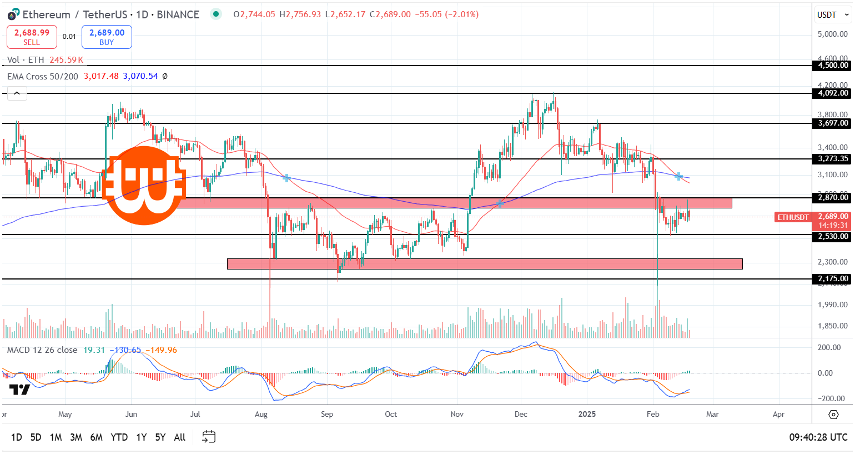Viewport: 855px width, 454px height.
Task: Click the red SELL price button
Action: (x=32, y=37)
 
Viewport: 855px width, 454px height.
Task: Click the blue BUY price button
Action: (x=107, y=37)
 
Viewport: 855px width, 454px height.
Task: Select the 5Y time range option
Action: (x=160, y=437)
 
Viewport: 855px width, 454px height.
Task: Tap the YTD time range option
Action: (x=119, y=437)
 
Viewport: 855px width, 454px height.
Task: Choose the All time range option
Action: (x=180, y=437)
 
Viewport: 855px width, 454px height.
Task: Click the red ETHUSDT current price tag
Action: (x=793, y=217)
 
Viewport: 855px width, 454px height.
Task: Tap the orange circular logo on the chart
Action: (x=144, y=186)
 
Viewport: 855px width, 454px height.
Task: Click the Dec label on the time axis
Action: (x=521, y=415)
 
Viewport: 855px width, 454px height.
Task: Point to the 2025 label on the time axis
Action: (x=587, y=415)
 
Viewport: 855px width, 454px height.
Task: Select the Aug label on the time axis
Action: (x=261, y=415)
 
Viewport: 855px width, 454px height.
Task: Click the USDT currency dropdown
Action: (x=832, y=15)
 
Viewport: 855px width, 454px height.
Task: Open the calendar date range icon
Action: (x=209, y=437)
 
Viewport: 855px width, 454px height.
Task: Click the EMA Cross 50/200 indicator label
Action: (x=43, y=76)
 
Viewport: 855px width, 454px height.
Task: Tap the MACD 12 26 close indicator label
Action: (x=42, y=350)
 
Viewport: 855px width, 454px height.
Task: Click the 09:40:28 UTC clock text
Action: (x=818, y=437)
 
